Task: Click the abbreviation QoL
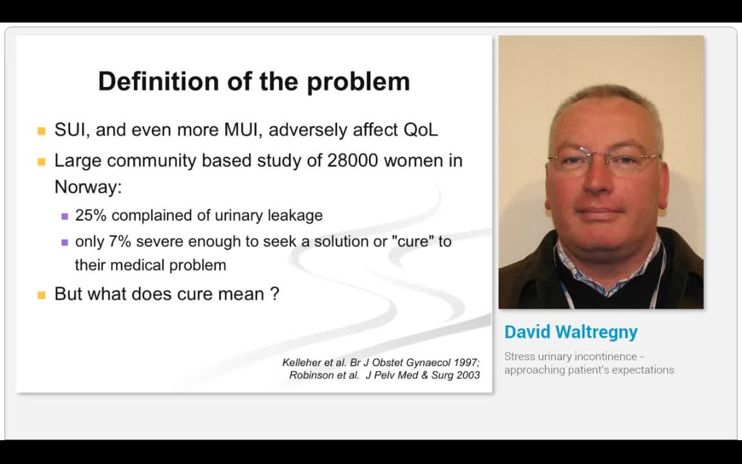421,130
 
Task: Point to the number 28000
352,160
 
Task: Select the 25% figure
90,215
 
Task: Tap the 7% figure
120,242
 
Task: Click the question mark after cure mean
275,294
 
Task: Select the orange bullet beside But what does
42,295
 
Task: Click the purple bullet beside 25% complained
64,217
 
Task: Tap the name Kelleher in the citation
303,362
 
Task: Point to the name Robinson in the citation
312,375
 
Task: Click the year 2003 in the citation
468,375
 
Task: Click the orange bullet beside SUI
42,131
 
